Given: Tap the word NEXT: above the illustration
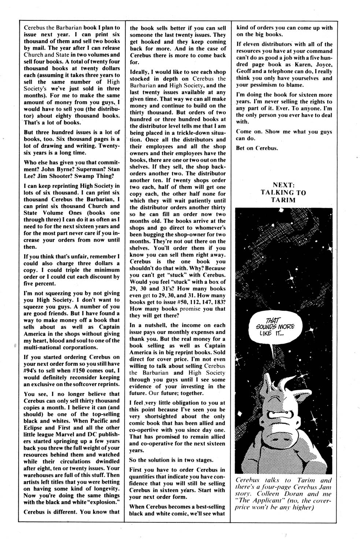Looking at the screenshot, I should click(x=284, y=185).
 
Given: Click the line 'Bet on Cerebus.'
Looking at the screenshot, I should click(x=257, y=148).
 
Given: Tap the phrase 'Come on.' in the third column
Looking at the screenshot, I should click(x=248, y=131).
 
